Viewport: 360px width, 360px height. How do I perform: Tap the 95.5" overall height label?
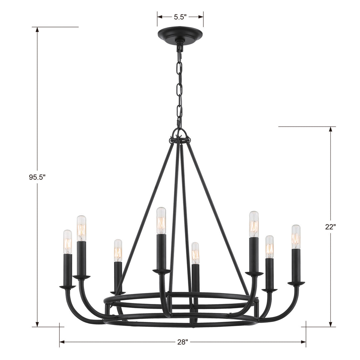[37, 177]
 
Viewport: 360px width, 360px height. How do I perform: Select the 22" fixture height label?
[330, 227]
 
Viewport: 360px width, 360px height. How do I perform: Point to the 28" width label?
[182, 342]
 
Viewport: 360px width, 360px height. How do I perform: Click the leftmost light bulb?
[68, 242]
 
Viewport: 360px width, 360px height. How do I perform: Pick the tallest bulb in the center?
[161, 220]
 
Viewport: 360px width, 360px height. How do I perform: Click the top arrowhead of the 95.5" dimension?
[37, 30]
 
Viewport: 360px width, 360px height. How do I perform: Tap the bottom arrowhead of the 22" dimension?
[330, 324]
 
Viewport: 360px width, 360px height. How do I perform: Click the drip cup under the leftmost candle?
[68, 286]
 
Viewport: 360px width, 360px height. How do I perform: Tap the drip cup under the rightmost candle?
[296, 283]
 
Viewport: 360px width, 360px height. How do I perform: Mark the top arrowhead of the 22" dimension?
[330, 129]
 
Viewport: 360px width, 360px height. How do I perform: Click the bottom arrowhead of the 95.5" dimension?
[37, 324]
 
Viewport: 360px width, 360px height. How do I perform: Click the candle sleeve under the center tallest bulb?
[161, 251]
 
